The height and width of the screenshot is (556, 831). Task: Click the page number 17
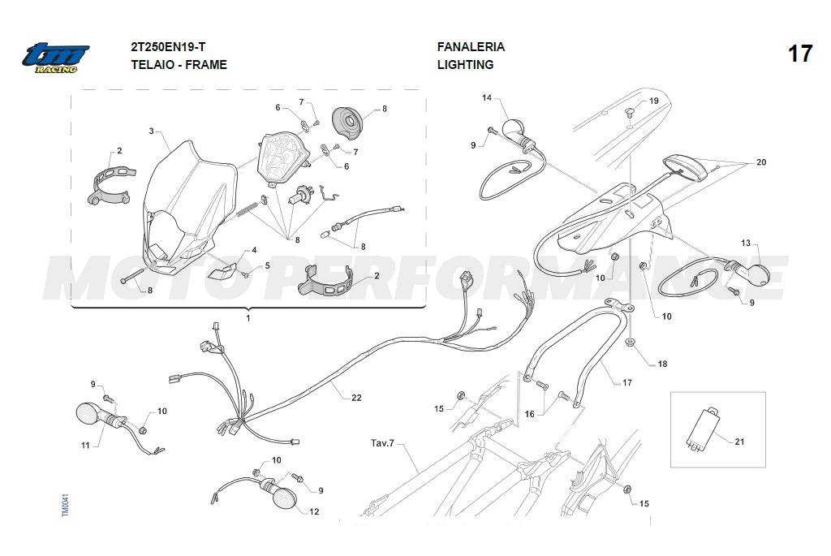799,54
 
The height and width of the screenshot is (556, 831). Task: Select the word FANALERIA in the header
471,47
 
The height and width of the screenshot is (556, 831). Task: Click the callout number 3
151,131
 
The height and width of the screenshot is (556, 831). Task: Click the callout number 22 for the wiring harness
356,398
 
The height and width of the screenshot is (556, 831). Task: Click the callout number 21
738,442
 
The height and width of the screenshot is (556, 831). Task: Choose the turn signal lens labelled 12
284,498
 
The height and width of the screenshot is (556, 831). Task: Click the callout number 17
626,382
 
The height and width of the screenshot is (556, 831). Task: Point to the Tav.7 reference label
382,444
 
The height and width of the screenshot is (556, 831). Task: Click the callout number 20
760,162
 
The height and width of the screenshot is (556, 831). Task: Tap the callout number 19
653,101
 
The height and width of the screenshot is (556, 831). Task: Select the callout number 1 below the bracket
248,318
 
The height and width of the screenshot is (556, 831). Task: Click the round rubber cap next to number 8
354,121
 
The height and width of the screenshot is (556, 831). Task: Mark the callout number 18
662,364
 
